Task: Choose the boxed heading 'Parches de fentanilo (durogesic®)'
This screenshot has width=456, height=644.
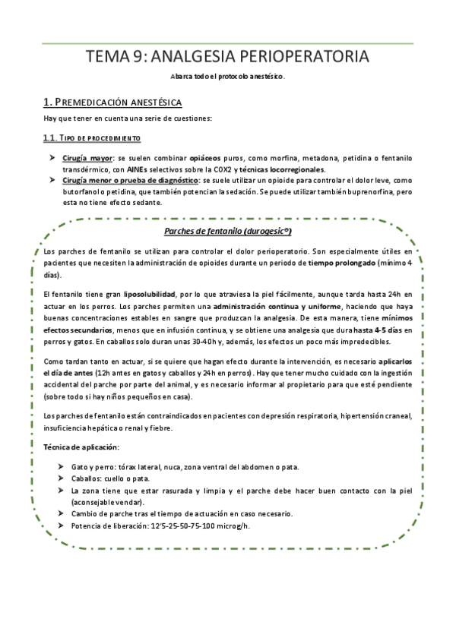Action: [228, 231]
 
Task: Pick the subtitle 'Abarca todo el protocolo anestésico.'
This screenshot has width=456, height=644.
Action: [227, 77]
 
